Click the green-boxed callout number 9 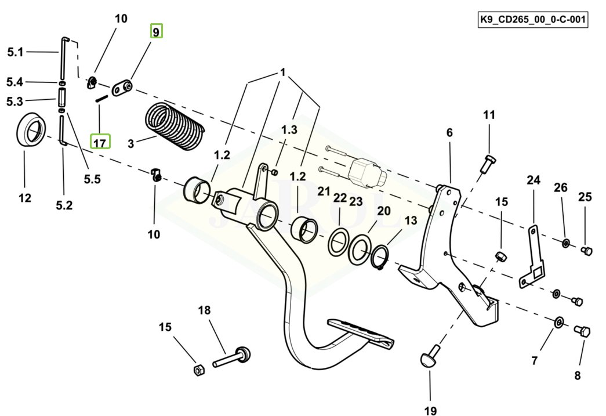157,31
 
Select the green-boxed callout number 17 100,141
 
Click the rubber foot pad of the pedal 360,332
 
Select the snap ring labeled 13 380,256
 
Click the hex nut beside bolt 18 197,369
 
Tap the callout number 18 204,310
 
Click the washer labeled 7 558,322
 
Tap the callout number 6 449,133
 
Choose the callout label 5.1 15,53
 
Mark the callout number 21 323,191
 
